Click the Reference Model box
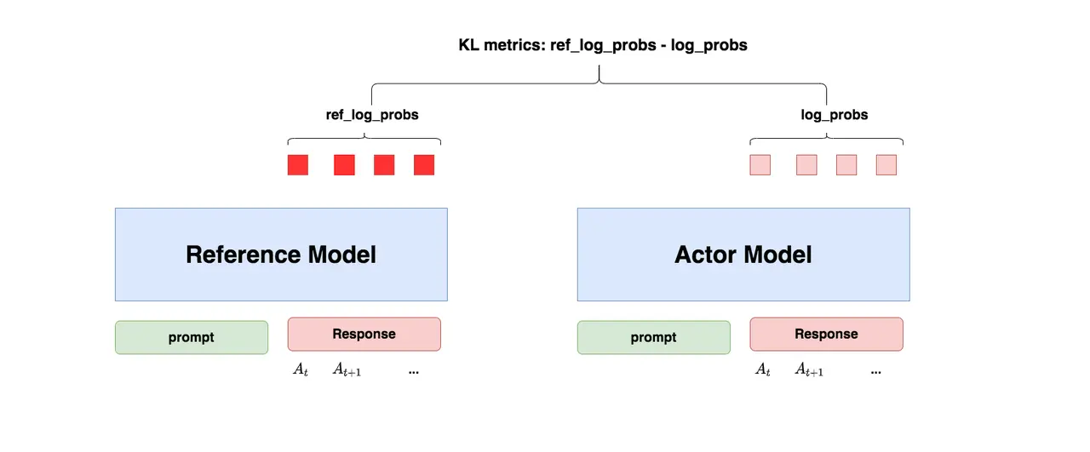coord(281,255)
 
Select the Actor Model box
coord(743,255)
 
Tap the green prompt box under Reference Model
coord(192,337)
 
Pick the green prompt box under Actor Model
coord(654,337)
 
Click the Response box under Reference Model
coord(364,335)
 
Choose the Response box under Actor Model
coord(827,335)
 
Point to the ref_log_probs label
coord(372,115)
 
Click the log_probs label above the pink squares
coord(835,115)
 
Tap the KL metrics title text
coord(603,45)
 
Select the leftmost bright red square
coord(298,165)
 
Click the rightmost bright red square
coord(424,165)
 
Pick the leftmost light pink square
coord(760,165)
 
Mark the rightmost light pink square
coord(886,165)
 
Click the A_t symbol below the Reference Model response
coord(301,369)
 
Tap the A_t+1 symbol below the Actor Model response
coord(809,369)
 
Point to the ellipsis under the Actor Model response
coord(876,373)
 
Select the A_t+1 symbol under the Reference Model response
coord(347,369)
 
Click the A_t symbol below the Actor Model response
coord(763,369)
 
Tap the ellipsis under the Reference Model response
coord(414,373)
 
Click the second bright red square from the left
coord(345,165)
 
